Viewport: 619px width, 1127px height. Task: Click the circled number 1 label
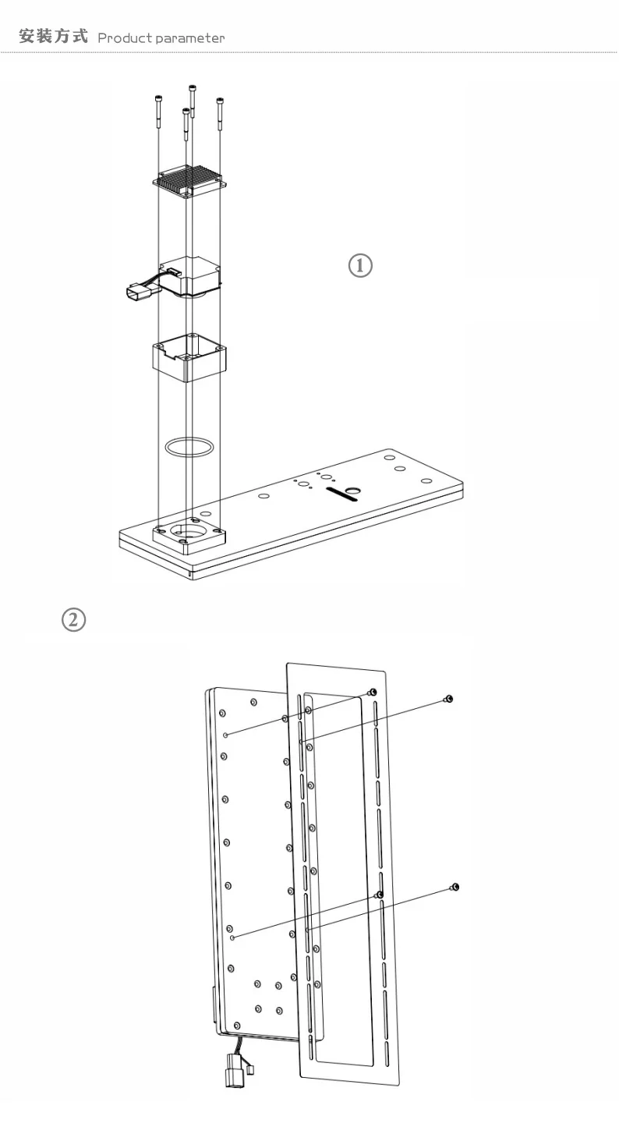[360, 266]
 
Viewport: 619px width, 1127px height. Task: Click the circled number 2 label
[74, 620]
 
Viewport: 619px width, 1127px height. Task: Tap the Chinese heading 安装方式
[53, 37]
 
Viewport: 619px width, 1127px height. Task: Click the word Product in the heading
[125, 38]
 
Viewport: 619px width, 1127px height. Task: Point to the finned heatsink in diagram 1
[189, 181]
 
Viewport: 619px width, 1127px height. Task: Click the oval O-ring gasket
[189, 447]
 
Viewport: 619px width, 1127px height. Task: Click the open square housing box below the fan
[189, 358]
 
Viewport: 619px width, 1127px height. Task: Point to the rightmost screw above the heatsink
[220, 114]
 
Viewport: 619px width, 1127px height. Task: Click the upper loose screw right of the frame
[448, 699]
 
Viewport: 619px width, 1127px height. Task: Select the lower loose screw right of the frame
[454, 887]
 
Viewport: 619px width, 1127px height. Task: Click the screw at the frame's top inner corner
[372, 693]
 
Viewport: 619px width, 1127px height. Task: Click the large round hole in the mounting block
[188, 530]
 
